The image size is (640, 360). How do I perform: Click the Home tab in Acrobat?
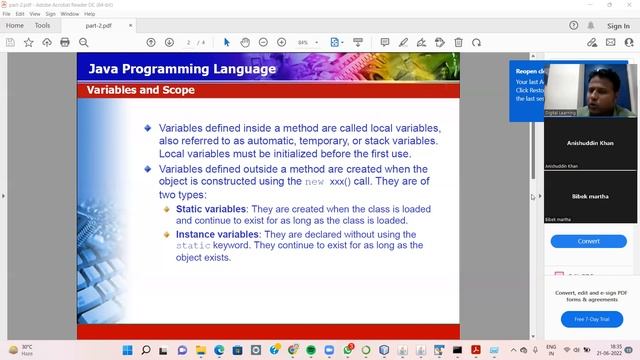click(15, 25)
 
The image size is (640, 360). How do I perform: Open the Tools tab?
click(42, 25)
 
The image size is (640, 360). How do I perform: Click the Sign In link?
click(618, 26)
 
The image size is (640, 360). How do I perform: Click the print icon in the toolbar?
click(65, 43)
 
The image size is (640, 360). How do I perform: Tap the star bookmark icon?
click(28, 43)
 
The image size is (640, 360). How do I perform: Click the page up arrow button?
click(151, 43)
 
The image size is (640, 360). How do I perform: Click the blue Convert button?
click(588, 241)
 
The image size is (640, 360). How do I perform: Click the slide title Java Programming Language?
click(182, 69)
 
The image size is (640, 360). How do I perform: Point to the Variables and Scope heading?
click(140, 90)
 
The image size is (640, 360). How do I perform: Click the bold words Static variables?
click(210, 209)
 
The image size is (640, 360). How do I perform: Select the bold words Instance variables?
click(217, 234)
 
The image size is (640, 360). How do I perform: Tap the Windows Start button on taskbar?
click(127, 351)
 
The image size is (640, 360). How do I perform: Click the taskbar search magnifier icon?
click(146, 351)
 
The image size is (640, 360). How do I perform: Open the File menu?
click(6, 14)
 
